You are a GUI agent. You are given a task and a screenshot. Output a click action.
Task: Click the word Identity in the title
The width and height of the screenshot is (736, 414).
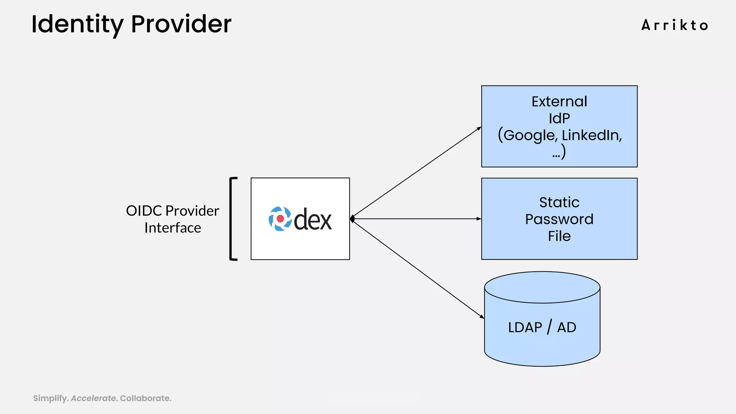[x=77, y=24]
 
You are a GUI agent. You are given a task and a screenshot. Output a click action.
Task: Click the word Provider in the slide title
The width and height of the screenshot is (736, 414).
[x=181, y=24]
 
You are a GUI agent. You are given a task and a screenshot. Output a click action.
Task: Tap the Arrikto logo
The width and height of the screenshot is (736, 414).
[x=675, y=26]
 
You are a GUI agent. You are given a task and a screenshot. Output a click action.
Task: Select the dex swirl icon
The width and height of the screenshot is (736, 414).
[x=280, y=218]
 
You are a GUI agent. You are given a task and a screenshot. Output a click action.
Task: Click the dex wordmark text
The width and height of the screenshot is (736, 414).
[x=313, y=219]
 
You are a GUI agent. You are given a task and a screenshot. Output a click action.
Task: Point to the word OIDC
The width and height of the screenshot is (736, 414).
[x=144, y=211]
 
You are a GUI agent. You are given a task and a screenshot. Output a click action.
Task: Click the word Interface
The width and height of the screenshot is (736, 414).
[x=172, y=228]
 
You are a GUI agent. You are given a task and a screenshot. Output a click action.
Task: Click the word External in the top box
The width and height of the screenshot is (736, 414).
[x=559, y=102]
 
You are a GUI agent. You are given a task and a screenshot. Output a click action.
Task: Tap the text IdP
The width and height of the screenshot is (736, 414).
[x=559, y=118]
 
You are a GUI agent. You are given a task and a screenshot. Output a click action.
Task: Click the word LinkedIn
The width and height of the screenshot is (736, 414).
[x=592, y=135]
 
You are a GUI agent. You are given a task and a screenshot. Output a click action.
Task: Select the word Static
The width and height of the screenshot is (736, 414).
[x=559, y=202]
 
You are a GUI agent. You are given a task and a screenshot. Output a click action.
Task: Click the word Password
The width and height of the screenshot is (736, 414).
[x=559, y=219]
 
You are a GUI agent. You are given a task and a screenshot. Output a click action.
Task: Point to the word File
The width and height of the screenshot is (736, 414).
[x=559, y=236]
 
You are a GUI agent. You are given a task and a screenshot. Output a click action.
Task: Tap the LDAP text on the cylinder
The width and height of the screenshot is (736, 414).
[x=525, y=327]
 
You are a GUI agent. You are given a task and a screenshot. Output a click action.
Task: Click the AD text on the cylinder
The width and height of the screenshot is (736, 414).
[x=567, y=327]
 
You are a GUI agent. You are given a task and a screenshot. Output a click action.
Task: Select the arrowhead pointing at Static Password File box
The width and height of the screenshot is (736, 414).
[x=479, y=218]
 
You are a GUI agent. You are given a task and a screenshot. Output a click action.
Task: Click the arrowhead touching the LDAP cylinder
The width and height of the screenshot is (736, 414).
[x=482, y=317]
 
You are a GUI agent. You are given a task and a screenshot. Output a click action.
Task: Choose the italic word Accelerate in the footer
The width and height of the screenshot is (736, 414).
[x=93, y=398]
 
